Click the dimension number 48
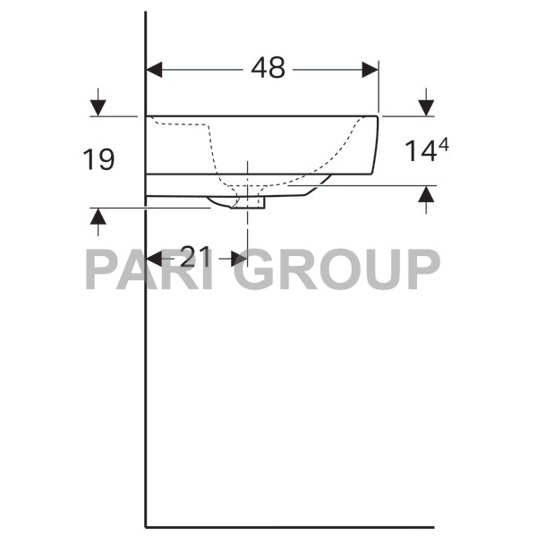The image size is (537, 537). click(268, 68)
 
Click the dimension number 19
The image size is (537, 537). click(99, 160)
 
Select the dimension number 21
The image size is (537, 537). click(195, 258)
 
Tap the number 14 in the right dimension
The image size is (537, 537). click(417, 152)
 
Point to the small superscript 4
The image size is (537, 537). click(441, 143)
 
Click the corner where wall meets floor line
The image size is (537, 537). click(146, 527)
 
